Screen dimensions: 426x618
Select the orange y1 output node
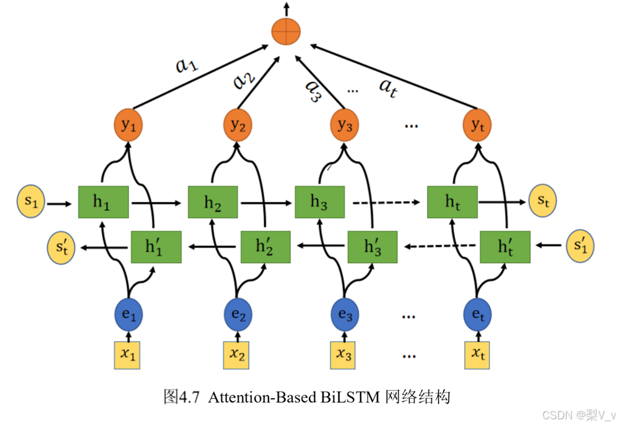coord(128,125)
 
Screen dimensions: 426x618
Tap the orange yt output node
coord(477,125)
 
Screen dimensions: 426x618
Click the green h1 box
coord(103,202)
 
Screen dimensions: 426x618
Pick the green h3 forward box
coord(319,202)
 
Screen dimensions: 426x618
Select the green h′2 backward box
coord(265,247)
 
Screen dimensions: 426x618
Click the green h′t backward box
coord(505,247)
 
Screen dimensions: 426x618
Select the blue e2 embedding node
coord(238,316)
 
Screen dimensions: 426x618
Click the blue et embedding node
coord(477,316)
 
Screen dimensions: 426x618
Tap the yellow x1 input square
coord(128,355)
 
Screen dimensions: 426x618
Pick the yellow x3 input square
coord(344,355)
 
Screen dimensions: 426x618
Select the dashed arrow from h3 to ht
coord(387,203)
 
